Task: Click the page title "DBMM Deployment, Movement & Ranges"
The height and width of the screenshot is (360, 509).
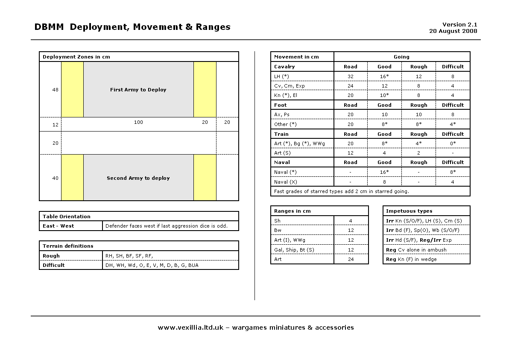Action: tap(132, 27)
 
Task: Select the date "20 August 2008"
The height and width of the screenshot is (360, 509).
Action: tap(453, 31)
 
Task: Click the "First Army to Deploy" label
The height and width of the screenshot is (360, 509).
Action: tap(138, 90)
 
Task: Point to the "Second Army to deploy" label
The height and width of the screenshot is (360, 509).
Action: tap(138, 178)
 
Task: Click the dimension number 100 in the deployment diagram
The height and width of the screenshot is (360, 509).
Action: tap(138, 122)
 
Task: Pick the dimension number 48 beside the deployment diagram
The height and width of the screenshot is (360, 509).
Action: tap(56, 90)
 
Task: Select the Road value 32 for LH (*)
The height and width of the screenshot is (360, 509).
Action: tap(350, 76)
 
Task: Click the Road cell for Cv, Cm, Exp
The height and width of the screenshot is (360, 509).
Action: tap(350, 86)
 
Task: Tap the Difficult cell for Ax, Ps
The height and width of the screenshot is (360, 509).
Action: tap(453, 114)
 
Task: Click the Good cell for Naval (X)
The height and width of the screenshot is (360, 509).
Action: tap(384, 182)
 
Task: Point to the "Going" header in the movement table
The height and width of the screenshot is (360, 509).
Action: tap(401, 57)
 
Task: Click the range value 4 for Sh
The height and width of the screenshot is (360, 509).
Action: tap(350, 221)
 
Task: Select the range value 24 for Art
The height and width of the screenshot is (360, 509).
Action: tap(350, 259)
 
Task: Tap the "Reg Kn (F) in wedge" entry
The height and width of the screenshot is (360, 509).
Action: tap(411, 259)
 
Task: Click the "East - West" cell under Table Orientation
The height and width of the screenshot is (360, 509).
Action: tap(58, 226)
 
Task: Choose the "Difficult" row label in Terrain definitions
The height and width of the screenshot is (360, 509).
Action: tap(54, 265)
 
